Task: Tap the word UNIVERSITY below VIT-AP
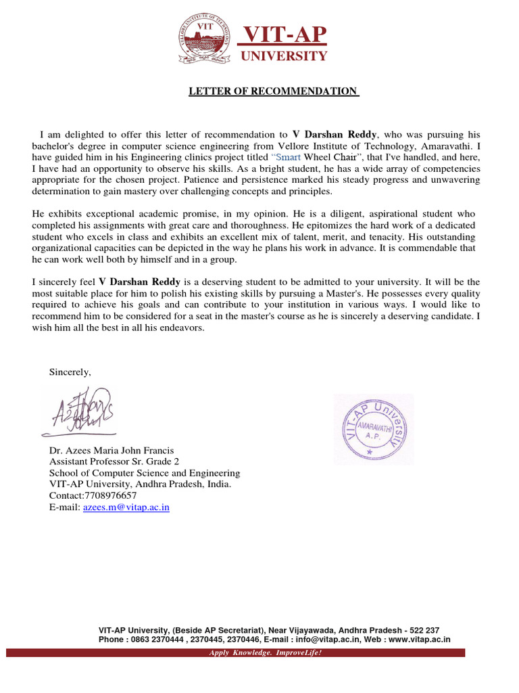[x=284, y=56]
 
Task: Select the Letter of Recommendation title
[x=273, y=91]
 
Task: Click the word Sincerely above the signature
[x=70, y=372]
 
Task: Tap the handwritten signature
[x=78, y=411]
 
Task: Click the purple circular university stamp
[x=374, y=429]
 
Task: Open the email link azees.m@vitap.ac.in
[x=126, y=507]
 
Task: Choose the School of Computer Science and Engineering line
[x=144, y=473]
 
